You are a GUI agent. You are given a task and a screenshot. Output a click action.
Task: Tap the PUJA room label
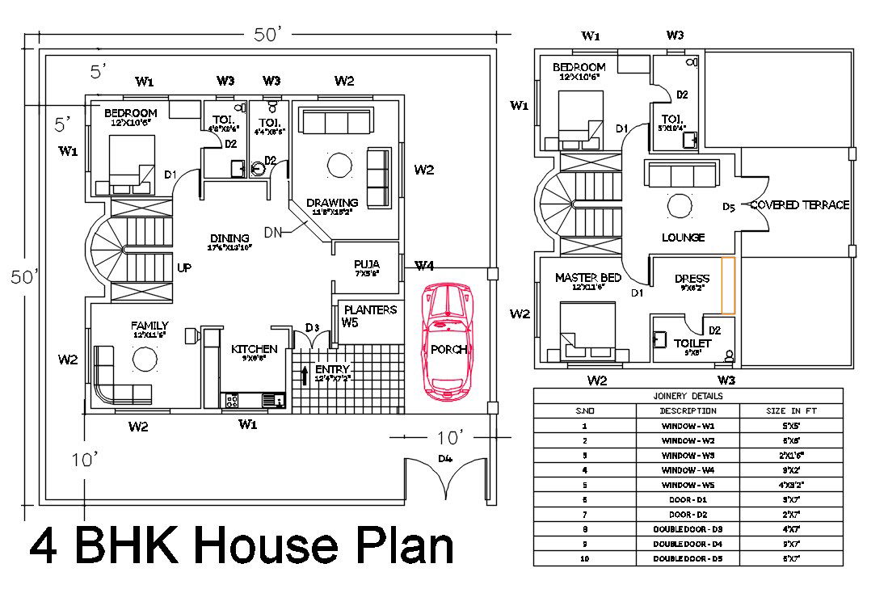click(366, 264)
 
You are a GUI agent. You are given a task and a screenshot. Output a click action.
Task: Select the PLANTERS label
click(370, 309)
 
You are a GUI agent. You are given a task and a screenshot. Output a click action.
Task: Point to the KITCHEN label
click(255, 349)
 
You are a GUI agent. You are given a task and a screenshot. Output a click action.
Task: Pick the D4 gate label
click(444, 459)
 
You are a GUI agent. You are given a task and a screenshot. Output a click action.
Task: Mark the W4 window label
click(424, 266)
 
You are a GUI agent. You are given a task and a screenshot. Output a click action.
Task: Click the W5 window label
click(350, 323)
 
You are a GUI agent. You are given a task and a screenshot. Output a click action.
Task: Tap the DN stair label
click(272, 233)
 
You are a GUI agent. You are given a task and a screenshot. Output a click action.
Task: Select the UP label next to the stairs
click(184, 268)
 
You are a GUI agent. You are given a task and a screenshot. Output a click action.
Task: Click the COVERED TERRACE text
click(799, 205)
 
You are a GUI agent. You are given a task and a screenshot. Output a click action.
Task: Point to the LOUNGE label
click(683, 238)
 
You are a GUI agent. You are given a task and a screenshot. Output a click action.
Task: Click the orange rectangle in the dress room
click(728, 284)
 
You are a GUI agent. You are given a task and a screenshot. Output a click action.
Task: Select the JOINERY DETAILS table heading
click(688, 396)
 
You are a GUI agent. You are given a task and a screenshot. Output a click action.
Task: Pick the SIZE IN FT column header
click(791, 410)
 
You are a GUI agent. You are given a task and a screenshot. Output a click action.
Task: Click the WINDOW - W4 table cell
click(688, 469)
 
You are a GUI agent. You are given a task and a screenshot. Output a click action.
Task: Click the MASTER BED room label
click(587, 278)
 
